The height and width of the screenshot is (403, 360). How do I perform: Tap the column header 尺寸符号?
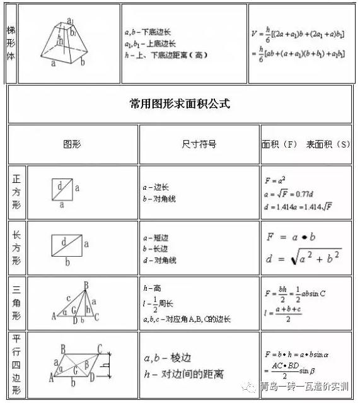pyautogui.click(x=199, y=144)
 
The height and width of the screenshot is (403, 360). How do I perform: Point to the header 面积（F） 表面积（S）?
pyautogui.click(x=306, y=144)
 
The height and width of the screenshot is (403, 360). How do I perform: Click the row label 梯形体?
pyautogui.click(x=11, y=43)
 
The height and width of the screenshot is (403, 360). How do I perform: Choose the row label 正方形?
pyautogui.click(x=16, y=192)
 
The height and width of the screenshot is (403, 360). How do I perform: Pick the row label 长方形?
pyautogui.click(x=16, y=247)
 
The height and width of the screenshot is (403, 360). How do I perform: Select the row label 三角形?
pyautogui.click(x=16, y=301)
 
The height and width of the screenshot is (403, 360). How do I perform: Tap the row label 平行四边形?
pyautogui.click(x=16, y=364)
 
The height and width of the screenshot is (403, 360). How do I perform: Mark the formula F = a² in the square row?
pyautogui.click(x=274, y=181)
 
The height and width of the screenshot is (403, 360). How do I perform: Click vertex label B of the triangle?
pyautogui.click(x=85, y=285)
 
